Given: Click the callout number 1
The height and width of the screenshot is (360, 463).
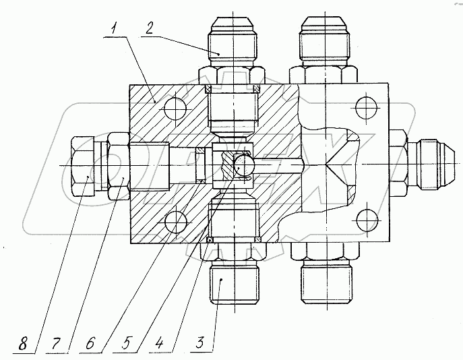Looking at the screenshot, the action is click(x=114, y=30).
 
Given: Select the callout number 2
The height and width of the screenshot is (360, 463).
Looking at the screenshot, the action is click(x=150, y=28).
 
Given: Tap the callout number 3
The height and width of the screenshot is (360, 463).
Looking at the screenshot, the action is click(x=200, y=342).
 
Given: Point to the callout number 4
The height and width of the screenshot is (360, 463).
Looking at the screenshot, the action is click(x=159, y=343).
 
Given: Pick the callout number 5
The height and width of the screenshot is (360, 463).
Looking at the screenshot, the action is click(x=126, y=343).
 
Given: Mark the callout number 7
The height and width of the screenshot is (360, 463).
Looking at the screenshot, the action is click(x=56, y=343).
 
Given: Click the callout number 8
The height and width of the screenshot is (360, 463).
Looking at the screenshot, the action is click(x=23, y=344).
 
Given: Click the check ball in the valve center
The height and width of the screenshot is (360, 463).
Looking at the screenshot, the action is click(x=243, y=165).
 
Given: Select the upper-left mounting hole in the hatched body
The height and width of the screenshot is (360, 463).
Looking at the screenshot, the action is click(x=175, y=109).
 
